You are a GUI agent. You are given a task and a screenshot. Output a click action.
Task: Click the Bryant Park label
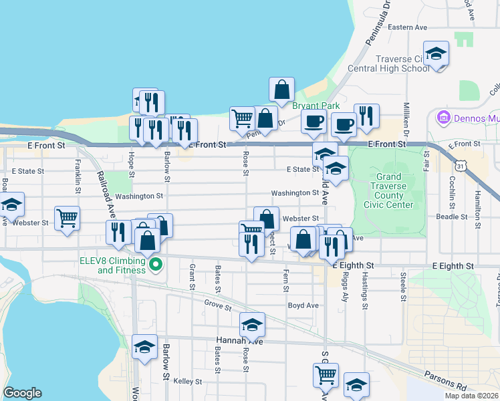tap(316, 106)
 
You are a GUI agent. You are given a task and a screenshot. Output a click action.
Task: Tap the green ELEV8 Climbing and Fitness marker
tap(156, 265)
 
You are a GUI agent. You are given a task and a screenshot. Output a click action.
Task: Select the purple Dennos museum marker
tap(442, 119)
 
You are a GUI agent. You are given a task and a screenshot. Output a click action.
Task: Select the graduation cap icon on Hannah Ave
tap(252, 324)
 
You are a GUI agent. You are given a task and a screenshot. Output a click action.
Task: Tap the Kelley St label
tap(187, 381)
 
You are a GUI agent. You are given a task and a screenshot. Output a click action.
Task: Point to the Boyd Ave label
tap(303, 305)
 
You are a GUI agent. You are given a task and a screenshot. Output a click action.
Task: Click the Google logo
tap(22, 393)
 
